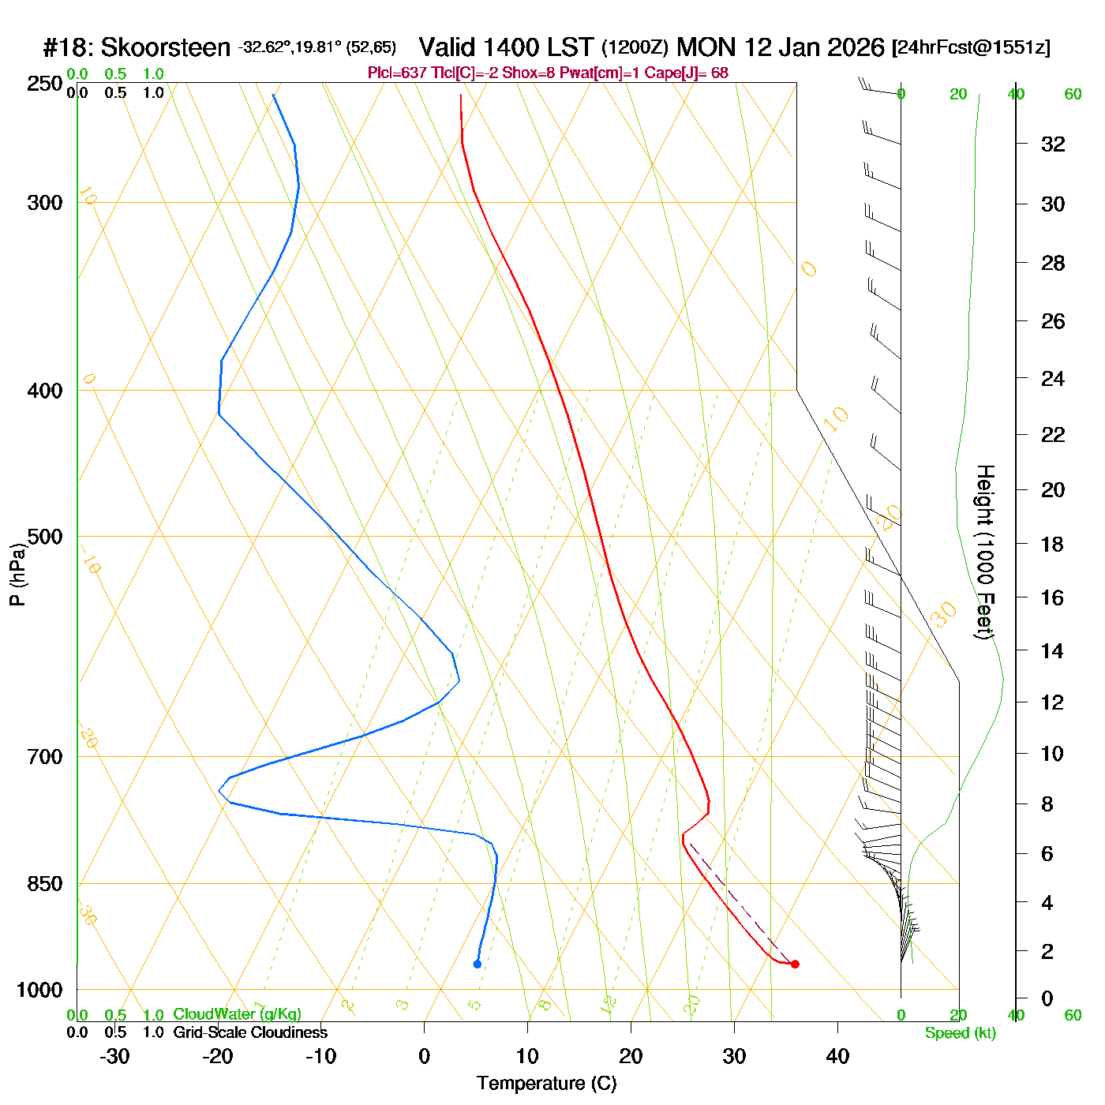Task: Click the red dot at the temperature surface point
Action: click(x=795, y=964)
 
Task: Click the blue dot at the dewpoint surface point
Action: click(x=477, y=964)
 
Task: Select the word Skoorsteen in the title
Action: click(x=166, y=48)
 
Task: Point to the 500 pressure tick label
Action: click(x=45, y=537)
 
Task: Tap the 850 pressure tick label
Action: click(x=45, y=884)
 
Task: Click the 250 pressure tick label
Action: click(x=45, y=84)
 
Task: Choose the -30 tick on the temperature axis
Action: click(x=114, y=1056)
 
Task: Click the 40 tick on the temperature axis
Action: click(x=837, y=1056)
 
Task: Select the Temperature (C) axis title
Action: click(x=546, y=1084)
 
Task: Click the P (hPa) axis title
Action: click(x=17, y=575)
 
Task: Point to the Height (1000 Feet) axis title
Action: click(x=985, y=552)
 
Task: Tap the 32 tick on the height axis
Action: click(x=1053, y=144)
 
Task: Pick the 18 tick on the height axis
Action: click(x=1053, y=544)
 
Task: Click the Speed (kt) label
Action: click(x=961, y=1033)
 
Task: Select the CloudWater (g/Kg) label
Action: click(x=237, y=1014)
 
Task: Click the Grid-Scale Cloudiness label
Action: click(x=250, y=1032)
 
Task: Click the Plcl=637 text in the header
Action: click(x=397, y=73)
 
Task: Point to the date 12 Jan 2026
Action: click(x=814, y=48)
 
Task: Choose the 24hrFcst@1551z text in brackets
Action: click(x=971, y=48)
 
